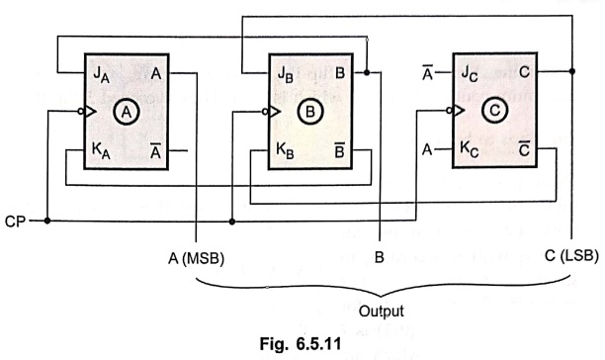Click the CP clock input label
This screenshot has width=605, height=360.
click(15, 222)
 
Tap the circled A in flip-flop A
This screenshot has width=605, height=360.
click(127, 113)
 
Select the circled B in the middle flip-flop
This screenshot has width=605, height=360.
click(310, 112)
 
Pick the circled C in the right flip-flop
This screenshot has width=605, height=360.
click(494, 111)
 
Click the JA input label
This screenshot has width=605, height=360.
click(101, 74)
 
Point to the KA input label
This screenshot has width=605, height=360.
click(101, 150)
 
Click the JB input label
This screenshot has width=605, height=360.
click(286, 74)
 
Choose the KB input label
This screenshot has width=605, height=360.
click(285, 150)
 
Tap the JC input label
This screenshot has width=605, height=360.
click(470, 73)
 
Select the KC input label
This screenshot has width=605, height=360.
click(470, 149)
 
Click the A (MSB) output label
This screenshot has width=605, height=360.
click(196, 258)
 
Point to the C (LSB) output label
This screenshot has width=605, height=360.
click(571, 255)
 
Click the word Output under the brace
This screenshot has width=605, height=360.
click(382, 311)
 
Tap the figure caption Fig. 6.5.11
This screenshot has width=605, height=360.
click(301, 344)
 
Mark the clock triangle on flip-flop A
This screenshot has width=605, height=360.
click(90, 112)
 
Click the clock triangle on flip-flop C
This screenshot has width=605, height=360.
click(459, 111)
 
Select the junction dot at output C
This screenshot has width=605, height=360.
click(572, 71)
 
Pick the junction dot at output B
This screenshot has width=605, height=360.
click(367, 72)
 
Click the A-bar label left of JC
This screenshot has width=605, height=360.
click(427, 73)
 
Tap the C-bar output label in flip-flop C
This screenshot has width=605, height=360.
click(524, 148)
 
